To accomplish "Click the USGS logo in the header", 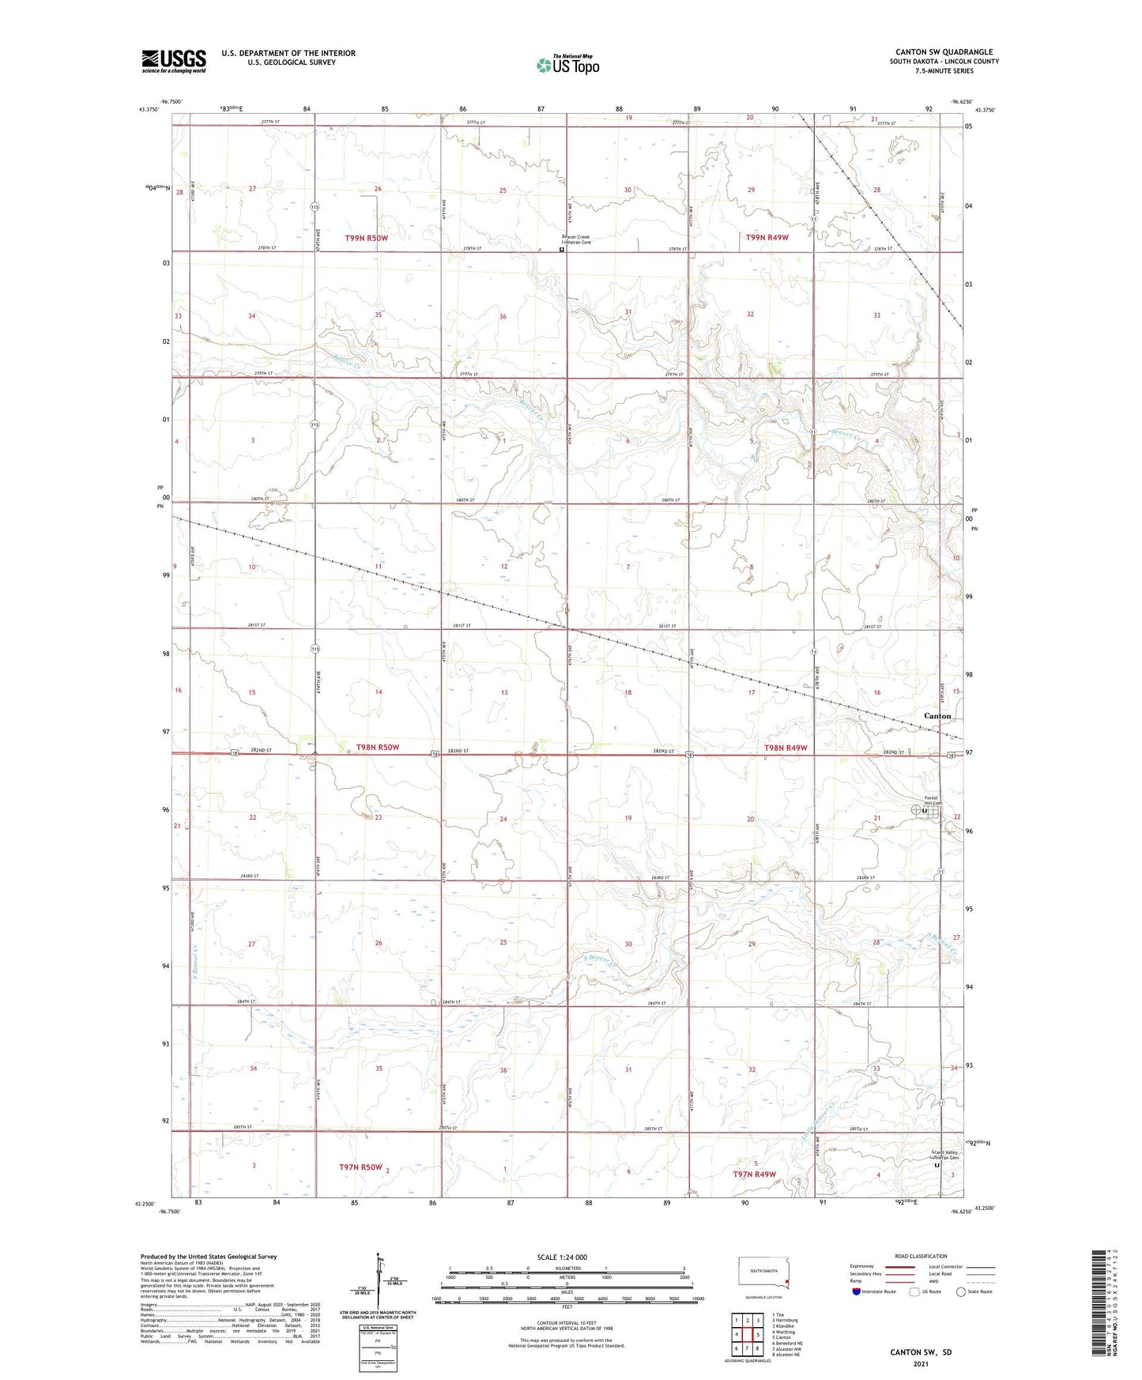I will pos(174,61).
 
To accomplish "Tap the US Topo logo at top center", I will pos(567,65).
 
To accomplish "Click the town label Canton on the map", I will pos(937,716).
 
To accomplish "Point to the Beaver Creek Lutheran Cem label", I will pos(576,239).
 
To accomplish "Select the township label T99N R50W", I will pos(366,238).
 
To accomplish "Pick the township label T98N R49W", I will pos(786,748).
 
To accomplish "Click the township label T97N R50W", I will pos(360,1167).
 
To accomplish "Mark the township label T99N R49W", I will pos(767,237).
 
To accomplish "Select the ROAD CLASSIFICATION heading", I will pos(921,1256).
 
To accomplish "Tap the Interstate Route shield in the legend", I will pos(857,1291).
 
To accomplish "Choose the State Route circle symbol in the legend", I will pos(961,1291).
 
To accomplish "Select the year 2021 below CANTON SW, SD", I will pos(921,1363).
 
